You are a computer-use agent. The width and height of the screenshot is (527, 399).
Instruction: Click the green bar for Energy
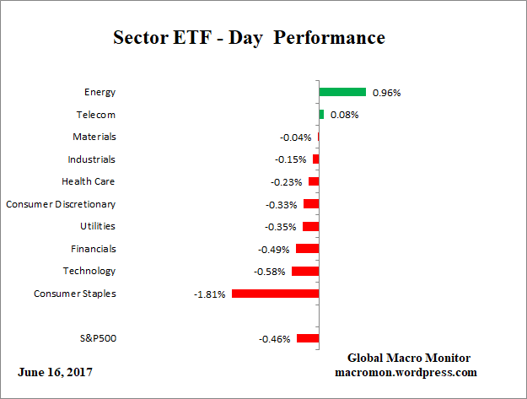[342, 92]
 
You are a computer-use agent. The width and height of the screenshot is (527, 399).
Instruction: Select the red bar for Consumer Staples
[275, 294]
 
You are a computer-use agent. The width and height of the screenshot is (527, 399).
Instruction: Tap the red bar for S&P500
[308, 338]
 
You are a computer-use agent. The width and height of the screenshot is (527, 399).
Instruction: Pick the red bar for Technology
[305, 272]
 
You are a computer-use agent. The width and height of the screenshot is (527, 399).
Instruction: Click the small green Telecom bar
[321, 114]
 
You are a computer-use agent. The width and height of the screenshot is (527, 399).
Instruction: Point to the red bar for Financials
[307, 249]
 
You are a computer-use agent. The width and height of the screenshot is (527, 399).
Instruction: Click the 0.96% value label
[386, 92]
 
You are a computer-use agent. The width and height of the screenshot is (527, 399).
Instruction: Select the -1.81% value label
[211, 294]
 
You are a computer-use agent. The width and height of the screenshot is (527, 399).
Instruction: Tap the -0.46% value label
[275, 339]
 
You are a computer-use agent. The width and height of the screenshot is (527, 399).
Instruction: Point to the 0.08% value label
[344, 115]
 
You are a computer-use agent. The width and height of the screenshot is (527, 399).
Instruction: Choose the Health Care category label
[89, 181]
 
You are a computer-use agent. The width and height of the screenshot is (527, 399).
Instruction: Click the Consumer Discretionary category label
[61, 204]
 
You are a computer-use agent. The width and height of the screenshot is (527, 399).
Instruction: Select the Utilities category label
[98, 226]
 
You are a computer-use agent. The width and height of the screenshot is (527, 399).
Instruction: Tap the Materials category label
[94, 137]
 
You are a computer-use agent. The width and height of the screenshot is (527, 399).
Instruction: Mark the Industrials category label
[92, 159]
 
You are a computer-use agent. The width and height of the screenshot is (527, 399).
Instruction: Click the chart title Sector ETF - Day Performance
[249, 38]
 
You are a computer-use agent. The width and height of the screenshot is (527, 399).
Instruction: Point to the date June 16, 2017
[55, 372]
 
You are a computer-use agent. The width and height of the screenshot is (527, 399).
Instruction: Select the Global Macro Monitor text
[408, 358]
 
